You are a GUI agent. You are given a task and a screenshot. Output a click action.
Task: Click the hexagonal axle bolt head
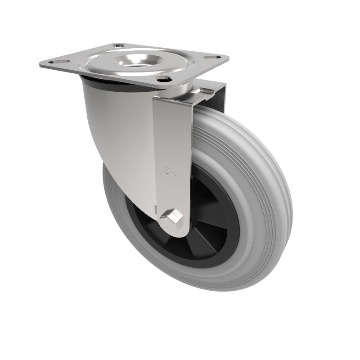point(171,219)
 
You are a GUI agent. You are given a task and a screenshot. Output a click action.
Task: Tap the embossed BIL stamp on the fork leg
point(170,171)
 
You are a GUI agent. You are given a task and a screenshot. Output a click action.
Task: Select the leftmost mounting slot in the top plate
point(54,62)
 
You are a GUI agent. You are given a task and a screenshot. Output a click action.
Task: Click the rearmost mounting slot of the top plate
point(118,45)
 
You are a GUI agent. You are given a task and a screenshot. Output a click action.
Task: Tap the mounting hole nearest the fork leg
point(162,79)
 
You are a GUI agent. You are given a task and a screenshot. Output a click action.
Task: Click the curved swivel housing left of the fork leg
point(117,130)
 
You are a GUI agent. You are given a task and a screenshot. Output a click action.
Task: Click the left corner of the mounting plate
point(40,66)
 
